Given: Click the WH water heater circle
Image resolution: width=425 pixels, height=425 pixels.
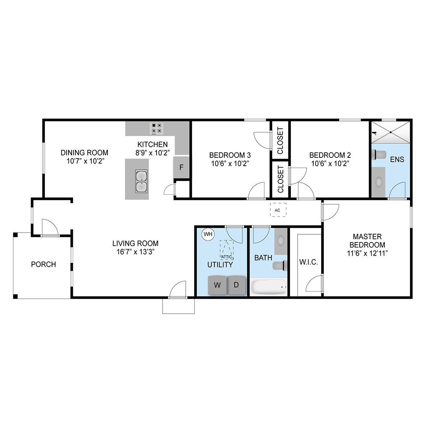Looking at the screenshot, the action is [208, 234].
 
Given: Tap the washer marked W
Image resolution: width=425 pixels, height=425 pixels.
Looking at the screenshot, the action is [217, 285].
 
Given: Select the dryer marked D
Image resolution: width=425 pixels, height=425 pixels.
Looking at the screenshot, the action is [237, 285].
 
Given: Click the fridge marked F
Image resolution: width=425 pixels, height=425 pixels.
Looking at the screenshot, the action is [181, 167].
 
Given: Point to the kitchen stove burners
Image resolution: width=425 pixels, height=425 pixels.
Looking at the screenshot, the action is [157, 128].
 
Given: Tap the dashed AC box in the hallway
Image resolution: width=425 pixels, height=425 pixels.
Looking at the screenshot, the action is [278, 210].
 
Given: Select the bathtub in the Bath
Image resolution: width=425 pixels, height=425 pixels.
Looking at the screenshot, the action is [269, 287].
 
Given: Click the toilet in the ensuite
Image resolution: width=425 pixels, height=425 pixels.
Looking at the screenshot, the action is [379, 155].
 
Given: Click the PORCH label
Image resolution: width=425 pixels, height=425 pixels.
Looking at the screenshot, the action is [43, 264].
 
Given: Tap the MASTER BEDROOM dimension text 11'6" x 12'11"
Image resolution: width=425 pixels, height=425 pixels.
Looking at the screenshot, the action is [367, 253].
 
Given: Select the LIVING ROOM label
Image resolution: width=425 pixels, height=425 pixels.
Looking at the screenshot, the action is [135, 244].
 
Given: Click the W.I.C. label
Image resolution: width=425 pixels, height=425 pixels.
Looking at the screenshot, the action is [309, 262].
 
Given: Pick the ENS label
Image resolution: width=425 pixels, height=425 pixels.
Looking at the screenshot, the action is [397, 159].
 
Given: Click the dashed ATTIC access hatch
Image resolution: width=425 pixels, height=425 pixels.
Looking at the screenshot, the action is [227, 250].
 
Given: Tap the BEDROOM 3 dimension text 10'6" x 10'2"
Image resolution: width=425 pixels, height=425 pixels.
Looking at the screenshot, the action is [230, 163].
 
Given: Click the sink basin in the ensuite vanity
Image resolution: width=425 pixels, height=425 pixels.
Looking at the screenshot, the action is [378, 181].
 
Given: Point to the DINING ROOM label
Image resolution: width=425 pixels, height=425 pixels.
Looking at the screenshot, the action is [84, 153].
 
